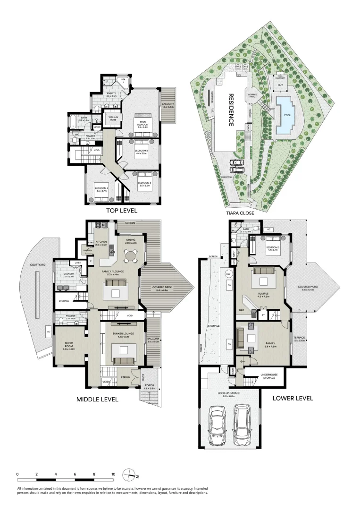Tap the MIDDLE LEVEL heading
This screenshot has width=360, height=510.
pos(97,399)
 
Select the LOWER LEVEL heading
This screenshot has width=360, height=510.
pos(293,398)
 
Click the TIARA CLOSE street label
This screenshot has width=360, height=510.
pos(241,213)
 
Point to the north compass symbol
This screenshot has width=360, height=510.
pos(130,475)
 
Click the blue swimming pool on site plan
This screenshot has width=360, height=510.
pos(285,115)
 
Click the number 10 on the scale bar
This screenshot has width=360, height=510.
pos(113,474)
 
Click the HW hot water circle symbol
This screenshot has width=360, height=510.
pos(229,274)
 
